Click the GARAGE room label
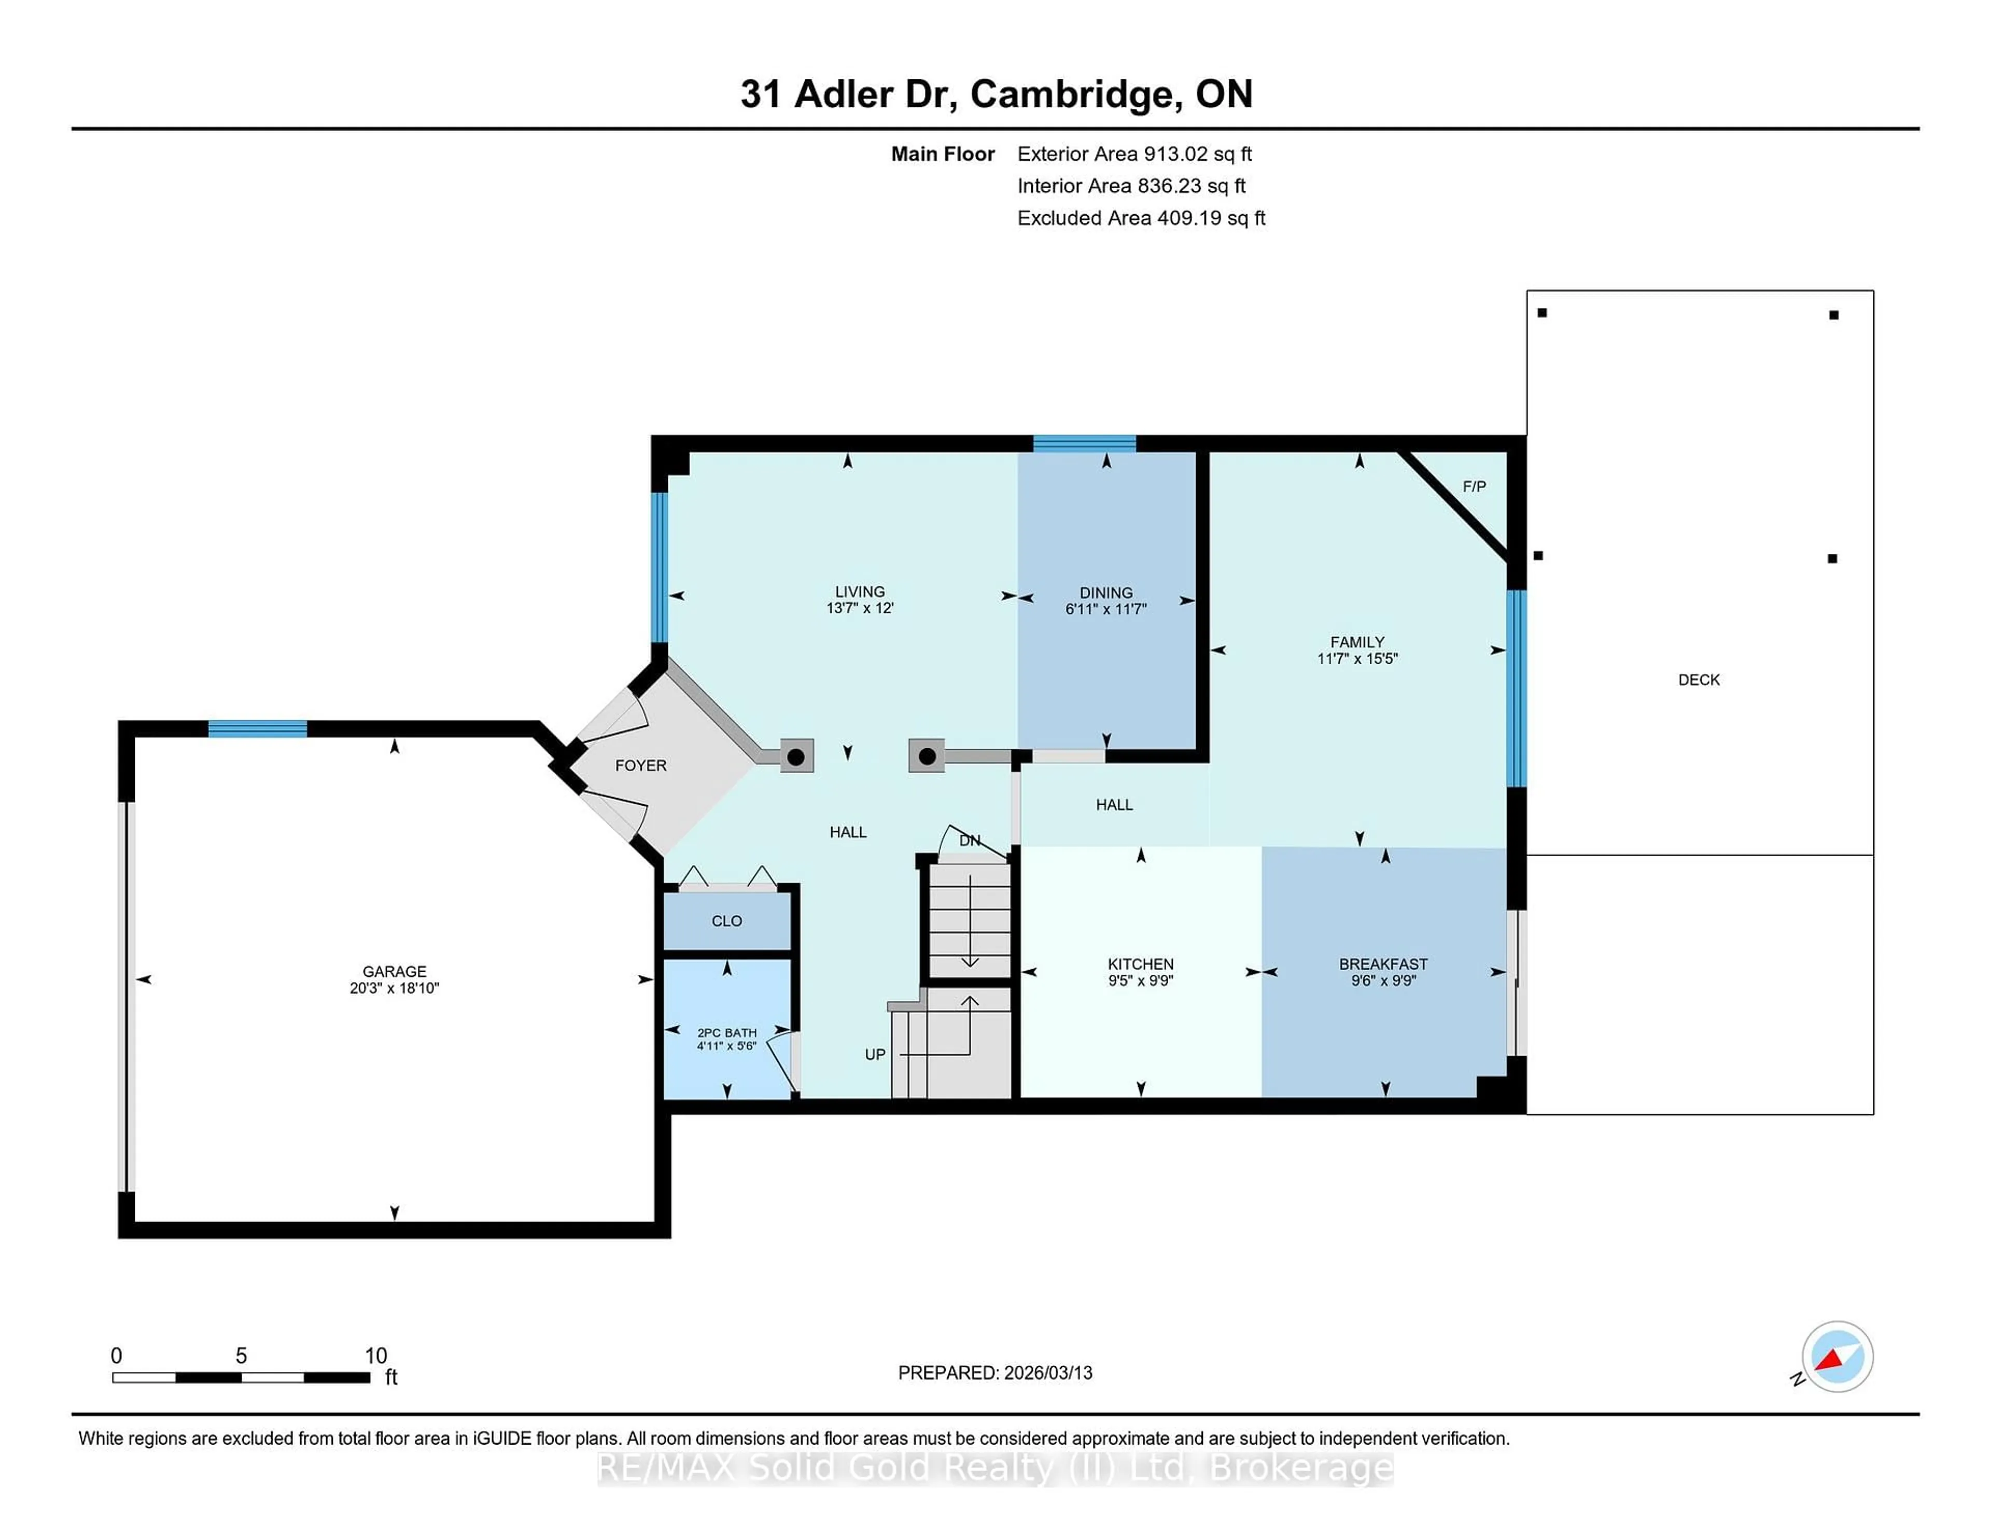[394, 971]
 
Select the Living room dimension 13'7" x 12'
[860, 608]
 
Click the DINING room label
[1106, 593]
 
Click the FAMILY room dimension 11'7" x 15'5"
[1356, 658]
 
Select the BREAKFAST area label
[1383, 964]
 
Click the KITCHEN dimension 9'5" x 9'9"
[1141, 981]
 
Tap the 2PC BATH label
[726, 1033]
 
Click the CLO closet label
[726, 921]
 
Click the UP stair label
[874, 1055]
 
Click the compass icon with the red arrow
[1837, 1356]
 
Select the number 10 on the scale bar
[375, 1356]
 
